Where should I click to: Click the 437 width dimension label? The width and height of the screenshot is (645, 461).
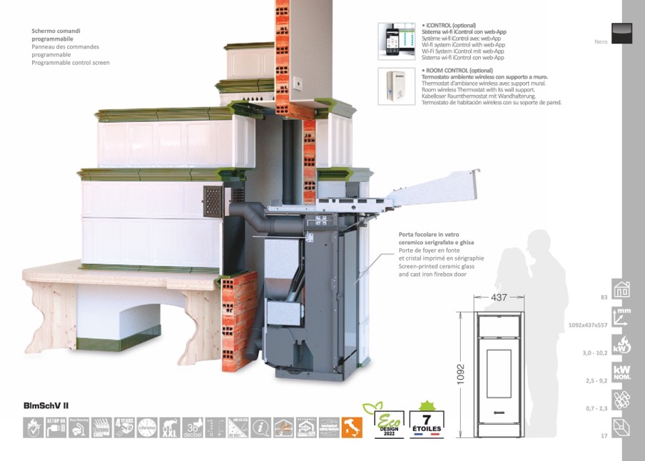(x=499, y=297)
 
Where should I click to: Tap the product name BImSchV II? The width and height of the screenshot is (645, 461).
(x=46, y=405)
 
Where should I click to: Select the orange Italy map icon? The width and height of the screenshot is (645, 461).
(x=352, y=427)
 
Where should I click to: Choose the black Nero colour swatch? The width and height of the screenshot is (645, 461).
(x=622, y=33)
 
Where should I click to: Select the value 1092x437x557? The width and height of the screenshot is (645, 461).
(x=587, y=325)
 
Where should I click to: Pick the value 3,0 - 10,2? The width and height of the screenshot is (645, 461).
(x=595, y=353)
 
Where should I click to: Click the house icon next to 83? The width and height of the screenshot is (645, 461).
(x=622, y=289)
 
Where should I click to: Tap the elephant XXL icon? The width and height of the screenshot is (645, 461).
(x=170, y=427)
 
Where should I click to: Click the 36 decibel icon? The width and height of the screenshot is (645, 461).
(x=193, y=427)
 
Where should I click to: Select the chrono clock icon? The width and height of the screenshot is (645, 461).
(x=147, y=427)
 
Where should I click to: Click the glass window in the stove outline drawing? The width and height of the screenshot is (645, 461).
(x=499, y=373)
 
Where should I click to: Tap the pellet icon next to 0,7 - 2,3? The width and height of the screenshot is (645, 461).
(x=622, y=400)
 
